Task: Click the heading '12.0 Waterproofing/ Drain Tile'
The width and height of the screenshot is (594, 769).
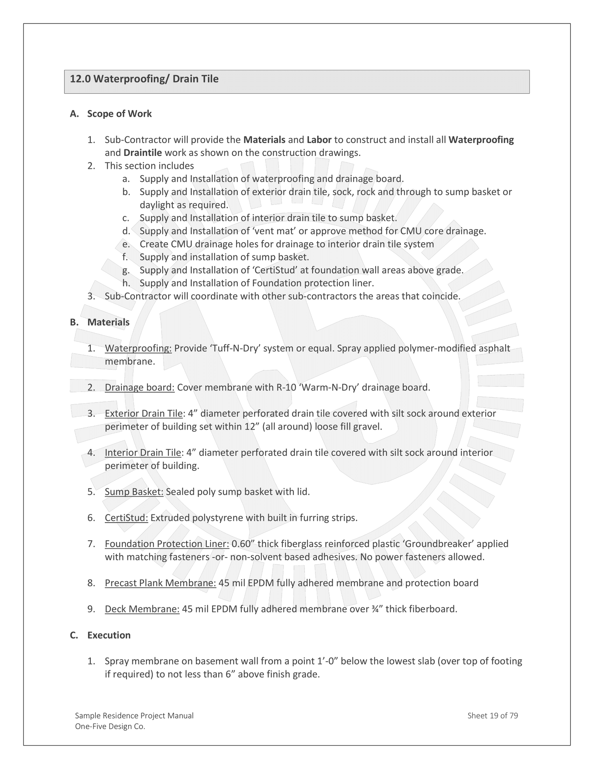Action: pos(144,79)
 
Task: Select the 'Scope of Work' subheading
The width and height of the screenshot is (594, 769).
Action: pos(119,114)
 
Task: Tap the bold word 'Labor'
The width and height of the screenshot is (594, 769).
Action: pos(319,140)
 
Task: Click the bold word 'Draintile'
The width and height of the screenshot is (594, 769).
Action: pos(143,153)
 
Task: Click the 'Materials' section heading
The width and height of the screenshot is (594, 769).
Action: pos(108,322)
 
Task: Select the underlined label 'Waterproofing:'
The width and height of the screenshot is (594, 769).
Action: pos(138,348)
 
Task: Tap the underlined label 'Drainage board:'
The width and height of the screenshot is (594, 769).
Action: pos(140,387)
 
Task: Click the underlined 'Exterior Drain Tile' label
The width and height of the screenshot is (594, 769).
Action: pos(143,413)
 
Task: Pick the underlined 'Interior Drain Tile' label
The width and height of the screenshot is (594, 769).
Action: pos(143,453)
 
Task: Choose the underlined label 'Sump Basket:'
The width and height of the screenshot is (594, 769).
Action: pos(134,492)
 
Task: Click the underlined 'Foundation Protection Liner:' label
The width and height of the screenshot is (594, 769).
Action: pos(167,544)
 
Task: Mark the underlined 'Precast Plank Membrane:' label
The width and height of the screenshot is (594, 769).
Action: pos(160,583)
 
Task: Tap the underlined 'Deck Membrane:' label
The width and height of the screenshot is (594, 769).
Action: pos(142,609)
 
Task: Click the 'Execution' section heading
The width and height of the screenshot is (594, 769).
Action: pos(109,635)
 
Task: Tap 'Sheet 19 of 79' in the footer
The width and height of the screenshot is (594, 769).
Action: pos(492,716)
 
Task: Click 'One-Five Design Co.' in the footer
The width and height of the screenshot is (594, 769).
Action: pos(110,727)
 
